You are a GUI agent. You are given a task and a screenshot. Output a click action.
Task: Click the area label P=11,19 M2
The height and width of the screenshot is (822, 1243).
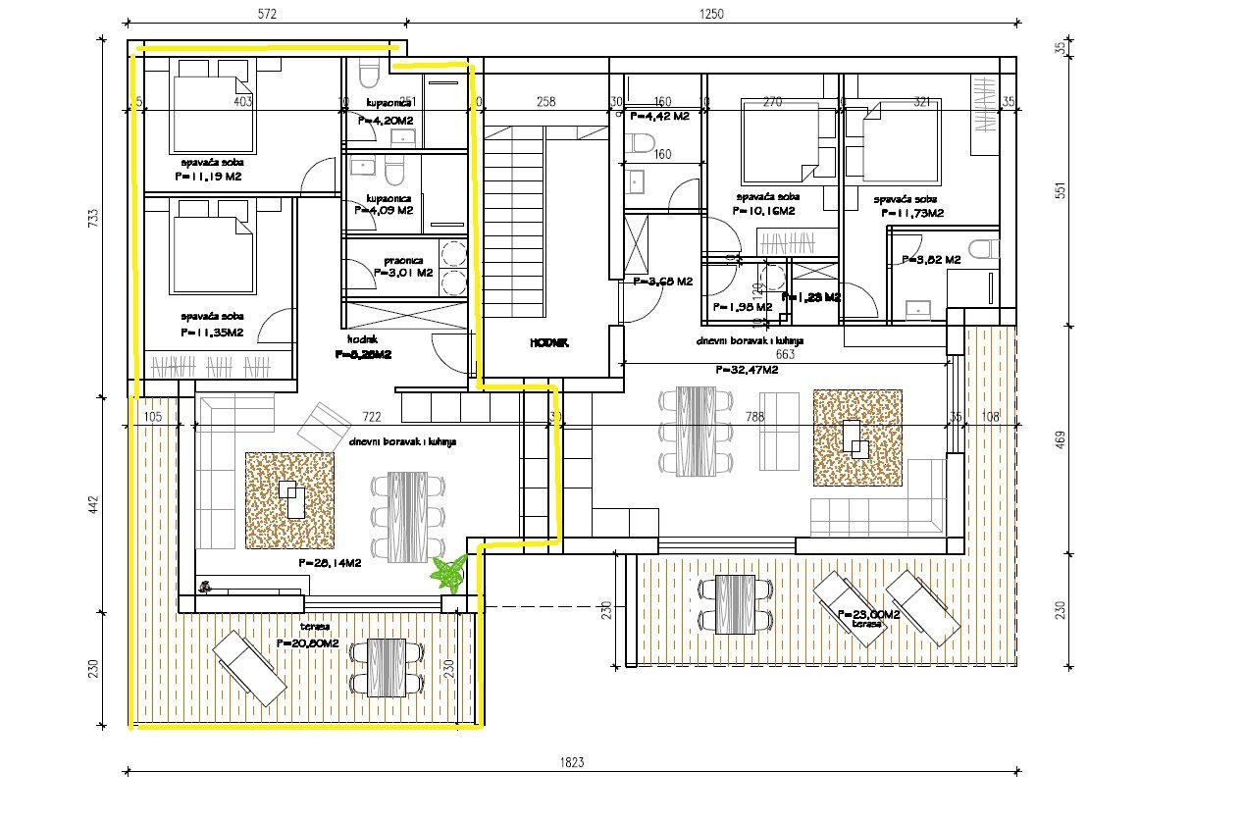[207, 178]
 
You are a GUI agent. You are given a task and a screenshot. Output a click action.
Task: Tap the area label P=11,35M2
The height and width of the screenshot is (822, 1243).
[212, 334]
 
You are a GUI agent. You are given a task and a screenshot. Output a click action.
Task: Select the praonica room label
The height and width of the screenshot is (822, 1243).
[403, 260]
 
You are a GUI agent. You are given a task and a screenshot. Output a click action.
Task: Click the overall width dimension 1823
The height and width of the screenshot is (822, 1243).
[574, 760]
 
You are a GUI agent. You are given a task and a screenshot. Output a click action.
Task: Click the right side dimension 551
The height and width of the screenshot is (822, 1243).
[1059, 190]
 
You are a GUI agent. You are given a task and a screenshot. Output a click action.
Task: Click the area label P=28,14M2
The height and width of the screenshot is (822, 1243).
[330, 564]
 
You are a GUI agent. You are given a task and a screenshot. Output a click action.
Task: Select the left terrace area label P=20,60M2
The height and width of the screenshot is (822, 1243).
[308, 643]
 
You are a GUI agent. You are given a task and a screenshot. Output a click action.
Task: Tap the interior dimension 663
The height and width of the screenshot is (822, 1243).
[784, 354]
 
